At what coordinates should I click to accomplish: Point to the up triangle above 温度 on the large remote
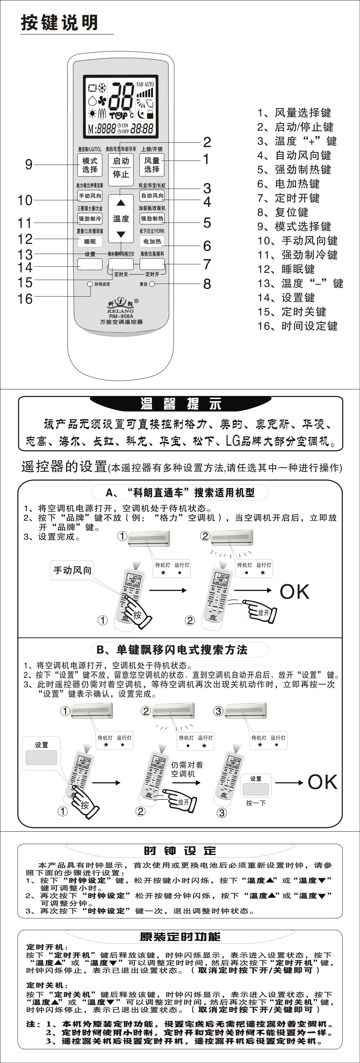pyautogui.click(x=120, y=203)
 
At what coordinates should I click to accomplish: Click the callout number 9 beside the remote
pyautogui.click(x=28, y=164)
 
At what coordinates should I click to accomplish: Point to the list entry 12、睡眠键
pyautogui.click(x=286, y=269)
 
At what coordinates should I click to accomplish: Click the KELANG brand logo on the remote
pyautogui.click(x=120, y=304)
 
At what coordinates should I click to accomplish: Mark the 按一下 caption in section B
pyautogui.click(x=256, y=803)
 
